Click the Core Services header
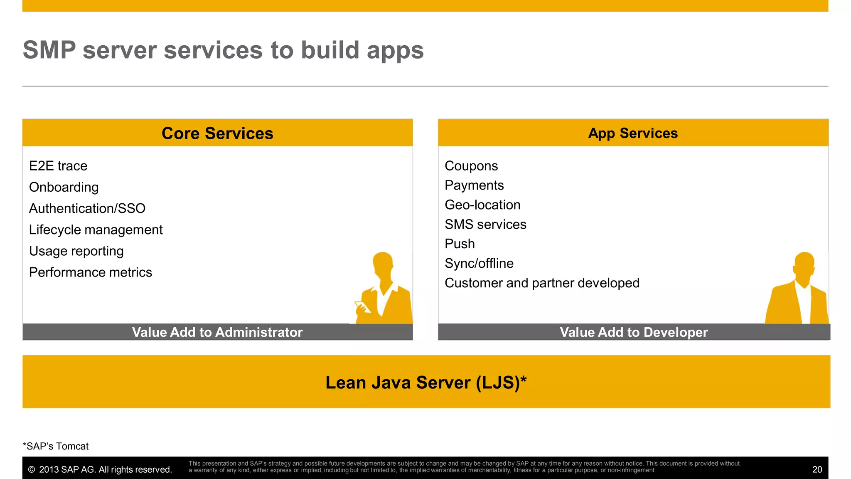coord(217,133)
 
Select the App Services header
coord(633,133)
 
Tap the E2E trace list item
coord(58,166)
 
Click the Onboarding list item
coord(64,187)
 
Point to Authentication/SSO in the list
coord(87,208)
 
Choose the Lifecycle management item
coord(96,230)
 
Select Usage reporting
coord(76,251)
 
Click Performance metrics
coord(90,272)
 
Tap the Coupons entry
coord(471,166)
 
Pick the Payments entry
coord(474,185)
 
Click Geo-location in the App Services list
coord(482,205)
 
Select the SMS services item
coord(485,225)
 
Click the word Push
coord(460,244)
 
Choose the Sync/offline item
coord(479,264)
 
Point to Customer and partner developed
coord(542,283)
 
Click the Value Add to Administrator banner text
coord(217,332)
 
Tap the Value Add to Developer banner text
coord(634,332)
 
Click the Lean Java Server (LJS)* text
coord(426,383)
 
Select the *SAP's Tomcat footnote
coord(56,446)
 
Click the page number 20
coord(817,469)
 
